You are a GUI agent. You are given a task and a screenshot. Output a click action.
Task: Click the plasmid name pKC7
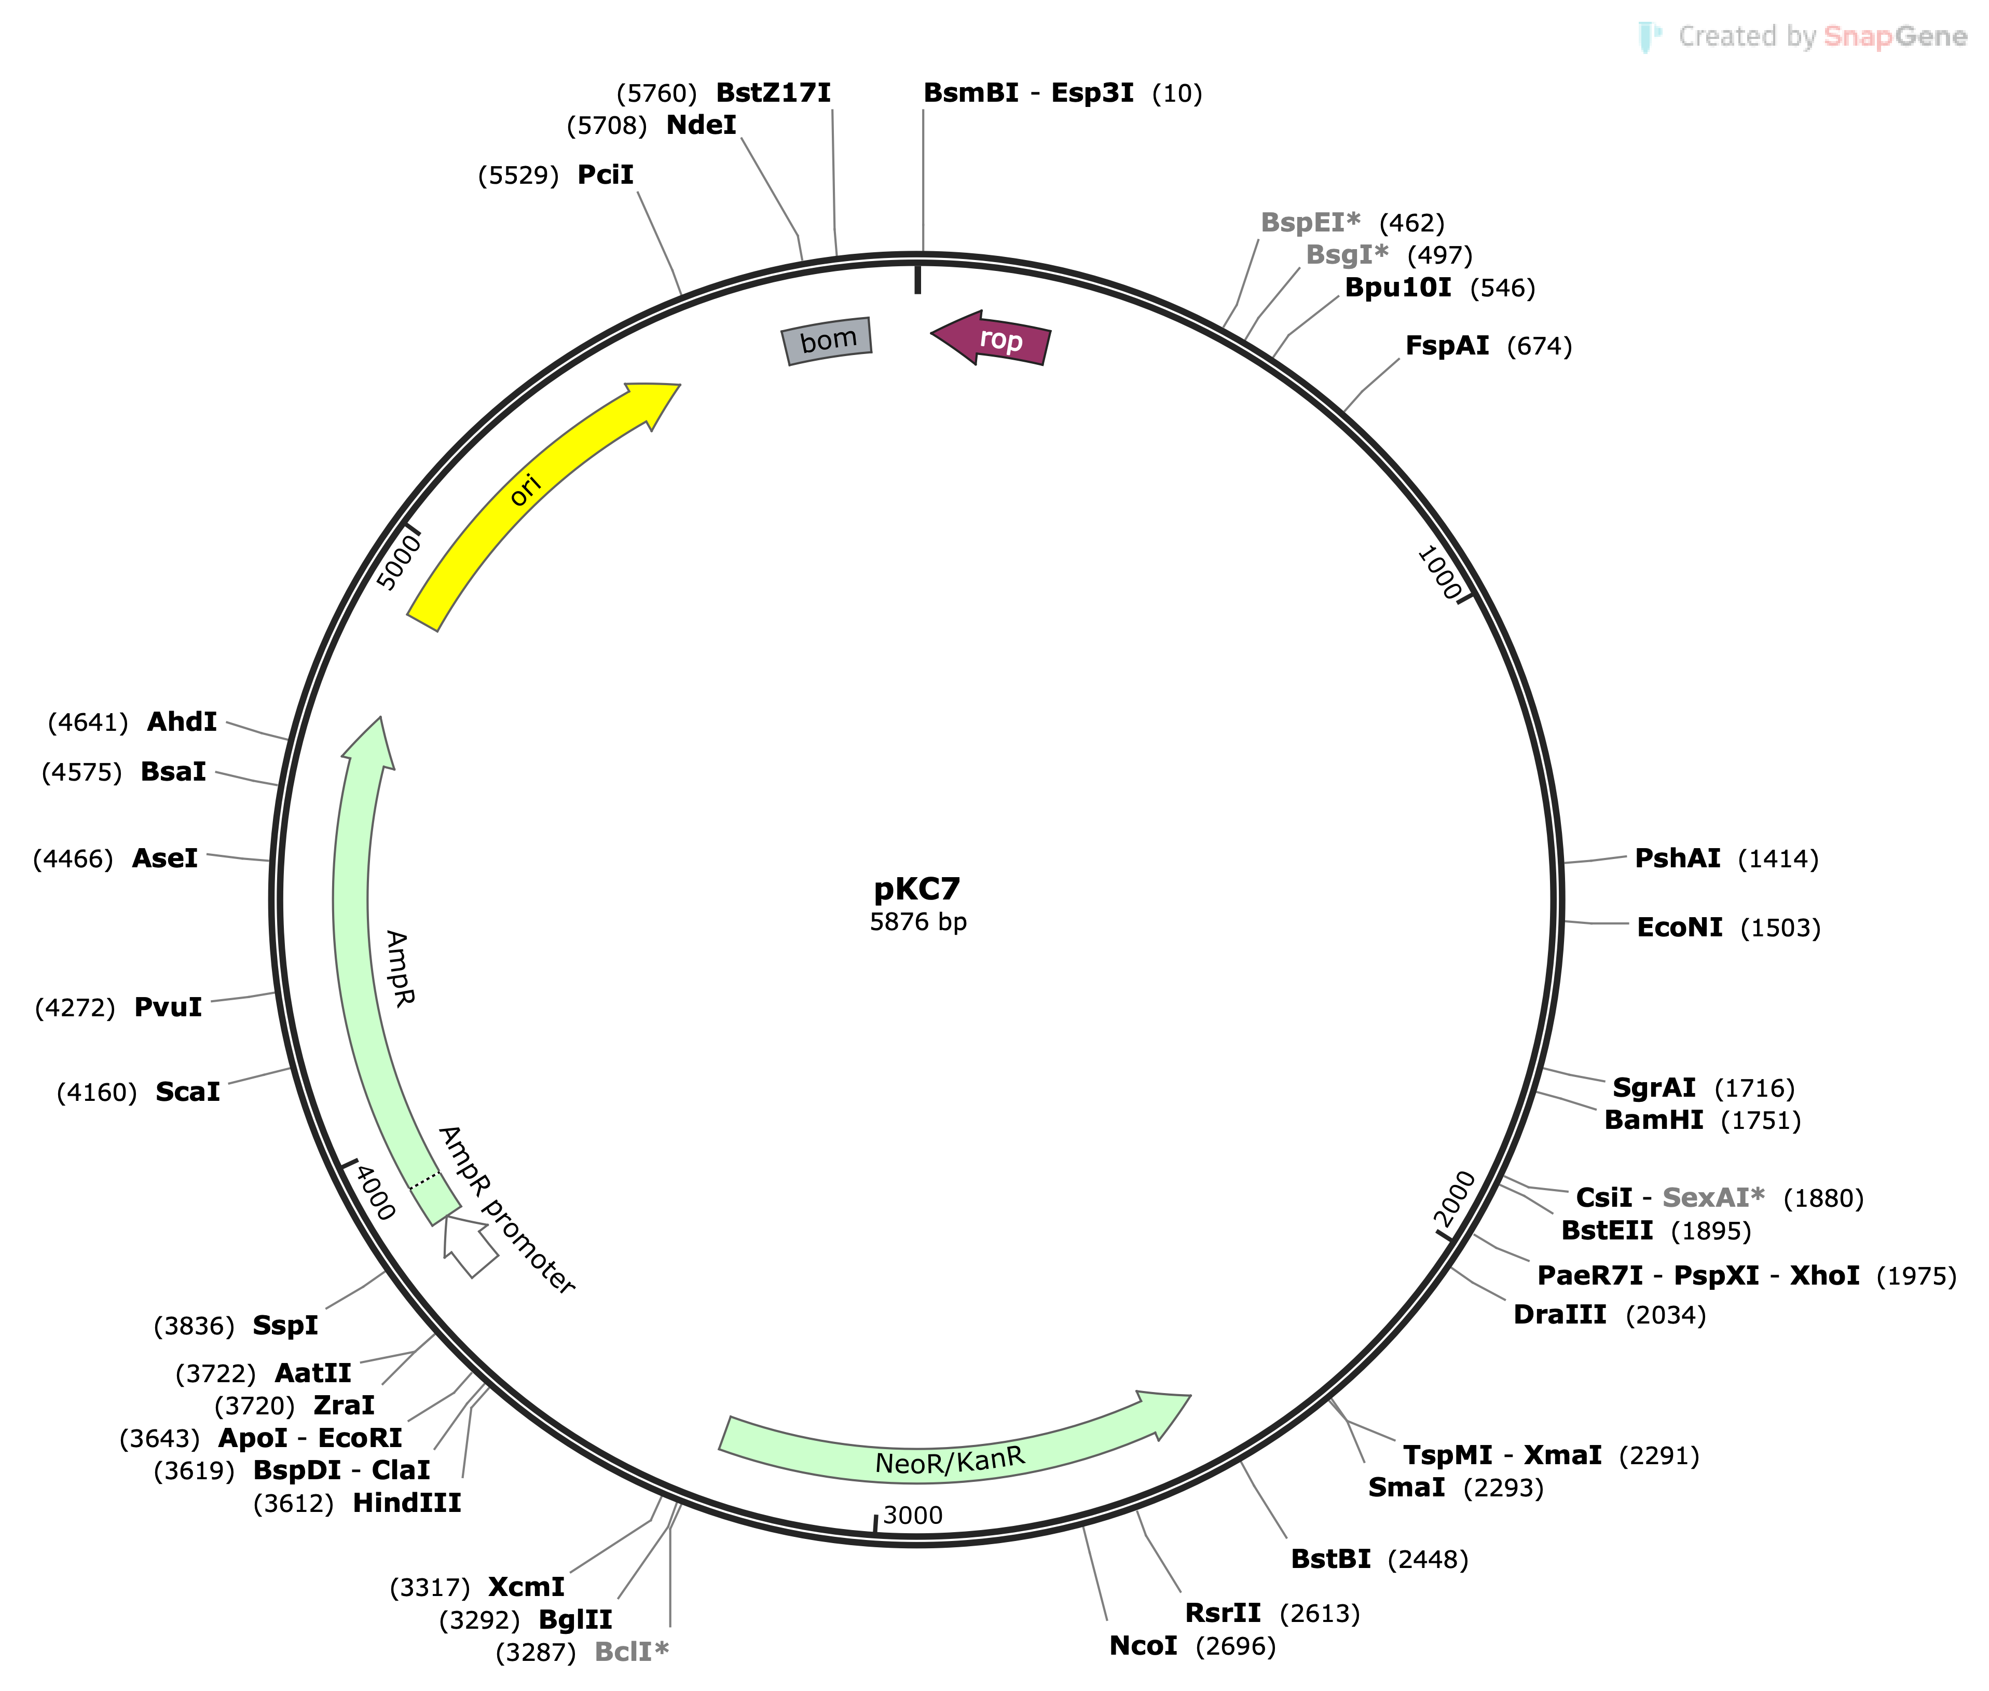point(916,889)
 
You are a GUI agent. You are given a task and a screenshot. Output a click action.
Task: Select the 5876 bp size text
point(917,922)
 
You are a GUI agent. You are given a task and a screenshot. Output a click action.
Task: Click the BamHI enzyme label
point(1653,1120)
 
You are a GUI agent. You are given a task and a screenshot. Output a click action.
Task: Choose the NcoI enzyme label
point(1143,1646)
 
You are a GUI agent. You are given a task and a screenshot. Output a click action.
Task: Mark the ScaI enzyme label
point(188,1092)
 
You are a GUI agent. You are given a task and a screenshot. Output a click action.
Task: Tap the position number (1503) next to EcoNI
point(1780,928)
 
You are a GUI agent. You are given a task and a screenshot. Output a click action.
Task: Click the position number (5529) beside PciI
point(518,175)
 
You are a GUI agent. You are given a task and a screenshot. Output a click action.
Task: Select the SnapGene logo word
point(1894,36)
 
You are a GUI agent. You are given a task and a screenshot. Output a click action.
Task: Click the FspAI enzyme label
point(1446,346)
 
